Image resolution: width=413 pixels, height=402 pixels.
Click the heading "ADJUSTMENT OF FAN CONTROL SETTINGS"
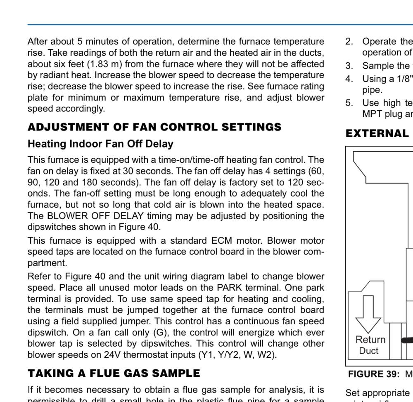(x=154, y=127)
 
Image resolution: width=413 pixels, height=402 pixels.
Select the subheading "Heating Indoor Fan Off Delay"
(x=100, y=144)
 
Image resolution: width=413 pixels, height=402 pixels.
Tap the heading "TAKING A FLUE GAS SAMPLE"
(x=114, y=373)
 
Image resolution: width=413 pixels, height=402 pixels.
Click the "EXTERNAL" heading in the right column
(x=377, y=133)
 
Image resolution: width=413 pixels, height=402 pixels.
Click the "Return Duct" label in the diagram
(x=370, y=345)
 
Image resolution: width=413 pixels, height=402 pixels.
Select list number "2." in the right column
(x=349, y=41)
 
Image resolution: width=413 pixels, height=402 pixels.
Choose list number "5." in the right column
(x=349, y=103)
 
